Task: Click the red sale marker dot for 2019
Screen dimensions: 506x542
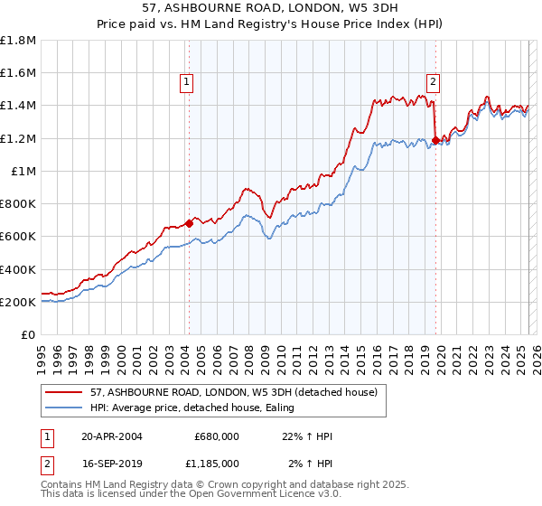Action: click(x=435, y=140)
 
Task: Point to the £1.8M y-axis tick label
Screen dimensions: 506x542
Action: click(x=18, y=41)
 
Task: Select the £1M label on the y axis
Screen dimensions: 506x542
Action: click(x=23, y=171)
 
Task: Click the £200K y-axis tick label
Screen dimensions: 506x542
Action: click(x=18, y=302)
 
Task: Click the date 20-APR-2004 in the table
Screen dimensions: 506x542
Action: click(x=112, y=436)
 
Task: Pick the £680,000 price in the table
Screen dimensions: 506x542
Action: click(x=217, y=436)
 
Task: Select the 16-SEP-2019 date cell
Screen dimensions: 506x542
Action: click(x=112, y=463)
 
